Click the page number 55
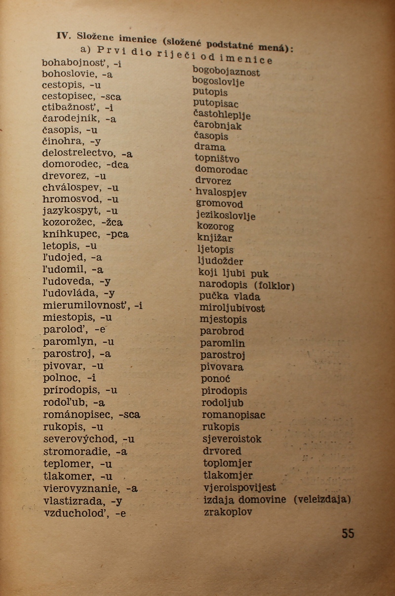coord(348,533)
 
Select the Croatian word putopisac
coord(216,104)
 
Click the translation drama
coord(210,147)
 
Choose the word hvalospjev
coord(221,193)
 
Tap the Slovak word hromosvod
coord(72,199)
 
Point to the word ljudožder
coord(220,261)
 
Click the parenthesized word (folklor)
coord(274,285)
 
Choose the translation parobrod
coord(222,332)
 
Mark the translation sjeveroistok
coord(232,439)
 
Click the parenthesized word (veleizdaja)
coord(321,499)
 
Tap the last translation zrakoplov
coord(228,512)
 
